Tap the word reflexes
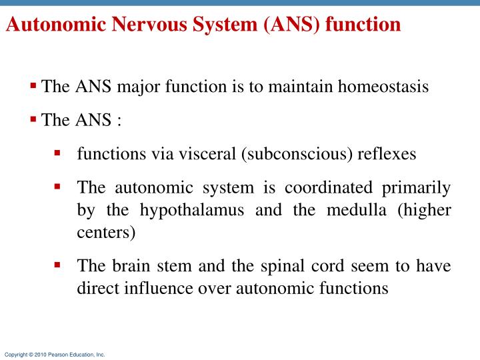(387, 154)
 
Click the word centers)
(106, 233)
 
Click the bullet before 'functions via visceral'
(58, 153)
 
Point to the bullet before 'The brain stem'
(58, 265)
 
